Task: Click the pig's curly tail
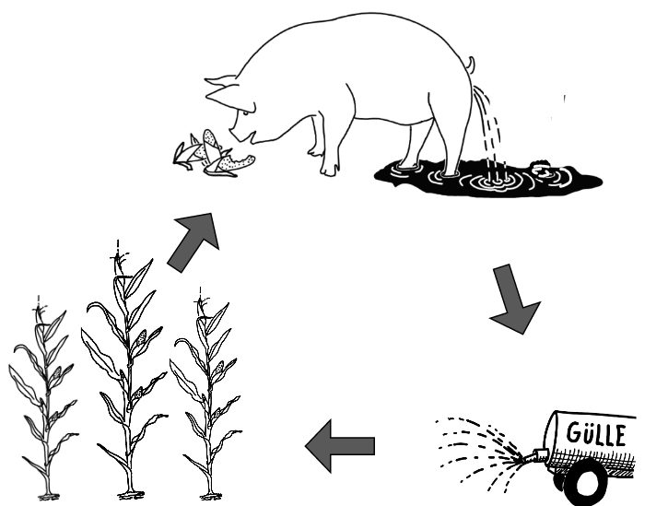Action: pos(470,65)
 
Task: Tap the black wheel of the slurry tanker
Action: pos(582,480)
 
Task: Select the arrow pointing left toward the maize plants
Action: pos(340,447)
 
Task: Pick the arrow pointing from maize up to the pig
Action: pos(196,239)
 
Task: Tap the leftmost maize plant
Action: pos(41,396)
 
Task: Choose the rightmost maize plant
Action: pos(208,387)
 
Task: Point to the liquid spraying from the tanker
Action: pos(479,452)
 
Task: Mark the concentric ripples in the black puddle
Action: pos(493,179)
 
